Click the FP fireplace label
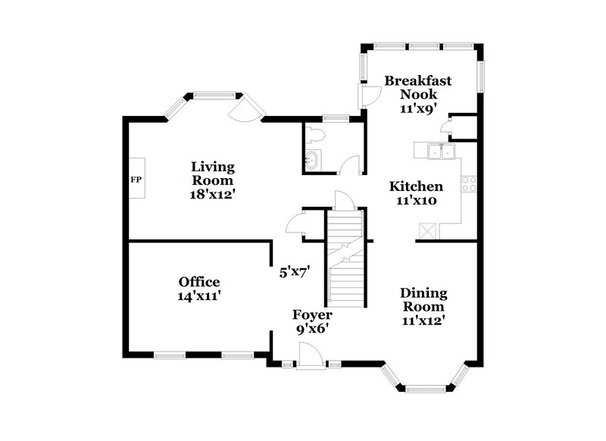click(136, 180)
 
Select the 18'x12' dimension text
click(213, 193)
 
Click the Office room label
click(199, 282)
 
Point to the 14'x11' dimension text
click(199, 296)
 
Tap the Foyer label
click(313, 314)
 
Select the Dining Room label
click(423, 299)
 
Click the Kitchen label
click(416, 186)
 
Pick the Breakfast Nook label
click(418, 87)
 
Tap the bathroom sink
click(313, 159)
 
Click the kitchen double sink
click(439, 152)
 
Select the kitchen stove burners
click(469, 183)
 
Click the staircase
click(346, 258)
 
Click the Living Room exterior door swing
click(245, 111)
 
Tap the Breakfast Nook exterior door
click(369, 95)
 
